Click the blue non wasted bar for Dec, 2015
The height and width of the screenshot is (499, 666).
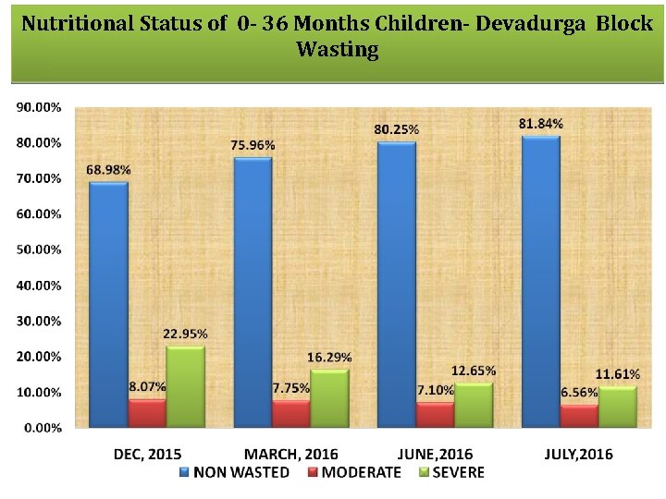108,305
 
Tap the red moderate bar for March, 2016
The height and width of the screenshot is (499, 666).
291,413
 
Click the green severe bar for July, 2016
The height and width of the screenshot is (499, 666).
618,407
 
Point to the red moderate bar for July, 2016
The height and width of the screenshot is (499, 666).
580,416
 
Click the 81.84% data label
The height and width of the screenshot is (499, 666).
541,124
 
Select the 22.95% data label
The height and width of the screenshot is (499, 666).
185,334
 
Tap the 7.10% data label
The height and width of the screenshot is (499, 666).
435,391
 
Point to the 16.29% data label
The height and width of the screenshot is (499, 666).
329,358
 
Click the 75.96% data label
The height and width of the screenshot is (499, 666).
253,145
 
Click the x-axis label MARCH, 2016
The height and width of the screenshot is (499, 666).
291,454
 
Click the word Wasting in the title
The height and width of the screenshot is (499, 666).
337,50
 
